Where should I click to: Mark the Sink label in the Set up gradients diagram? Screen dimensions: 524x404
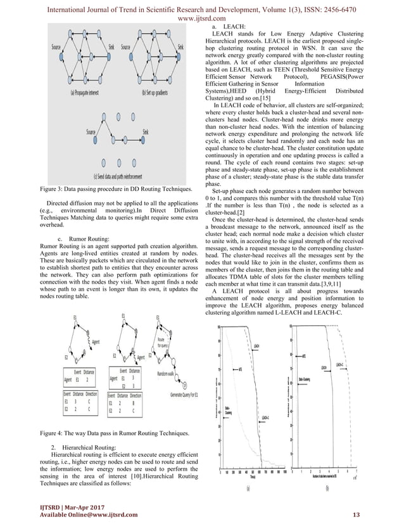182,47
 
